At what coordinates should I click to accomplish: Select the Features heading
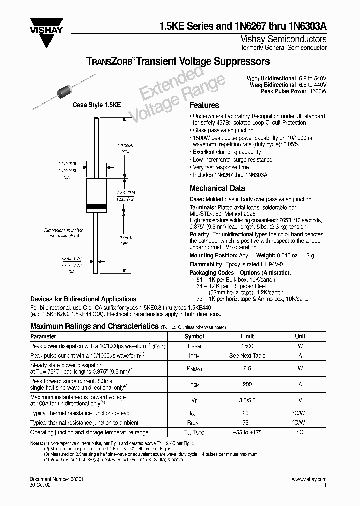point(204,105)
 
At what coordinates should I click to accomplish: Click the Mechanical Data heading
point(217,188)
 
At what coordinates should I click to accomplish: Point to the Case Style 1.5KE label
point(97,105)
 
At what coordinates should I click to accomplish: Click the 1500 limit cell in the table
point(247,346)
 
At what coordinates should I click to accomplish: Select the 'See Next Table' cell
point(247,356)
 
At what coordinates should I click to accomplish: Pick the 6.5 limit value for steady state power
point(247,368)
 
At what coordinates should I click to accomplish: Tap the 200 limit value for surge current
point(247,385)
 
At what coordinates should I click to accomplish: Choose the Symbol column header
point(194,337)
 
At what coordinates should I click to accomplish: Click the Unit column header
point(300,337)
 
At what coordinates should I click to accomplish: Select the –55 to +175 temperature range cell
point(247,432)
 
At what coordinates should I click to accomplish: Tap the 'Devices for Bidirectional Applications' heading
point(76,299)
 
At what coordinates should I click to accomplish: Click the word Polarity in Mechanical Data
point(199,234)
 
